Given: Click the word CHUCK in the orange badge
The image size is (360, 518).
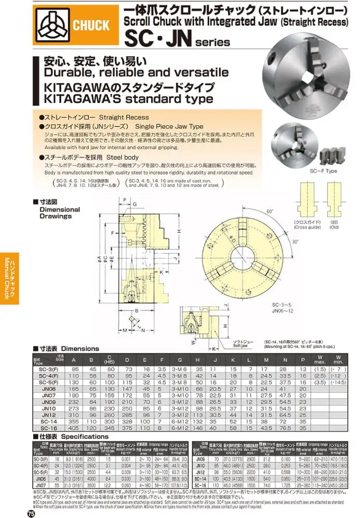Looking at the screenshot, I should [91, 25].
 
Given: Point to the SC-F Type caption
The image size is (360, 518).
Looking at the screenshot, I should [324, 170].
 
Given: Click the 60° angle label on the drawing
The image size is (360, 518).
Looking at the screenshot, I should [269, 212].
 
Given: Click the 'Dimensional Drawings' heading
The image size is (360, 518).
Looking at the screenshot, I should [60, 212].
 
